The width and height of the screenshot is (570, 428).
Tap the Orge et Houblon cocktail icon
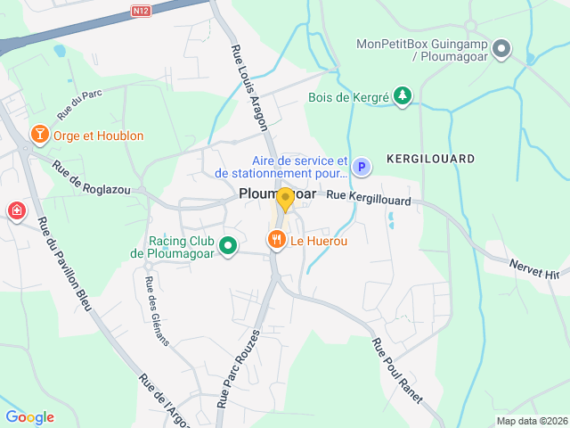pos(39,135)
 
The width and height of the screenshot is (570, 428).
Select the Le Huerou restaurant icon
pos(277,239)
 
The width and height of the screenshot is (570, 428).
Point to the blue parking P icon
pos(361,166)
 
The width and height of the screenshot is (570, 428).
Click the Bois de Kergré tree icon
pos(403,95)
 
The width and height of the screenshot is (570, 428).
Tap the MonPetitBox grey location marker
pos(501,49)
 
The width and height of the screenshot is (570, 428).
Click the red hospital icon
pos(16,211)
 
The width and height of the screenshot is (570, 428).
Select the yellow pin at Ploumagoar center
pos(285,198)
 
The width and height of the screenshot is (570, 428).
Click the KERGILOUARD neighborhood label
pos(431,159)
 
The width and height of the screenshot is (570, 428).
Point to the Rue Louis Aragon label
pos(251,88)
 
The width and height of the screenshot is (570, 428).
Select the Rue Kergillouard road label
pos(368,198)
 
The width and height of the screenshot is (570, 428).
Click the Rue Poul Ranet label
pos(396,370)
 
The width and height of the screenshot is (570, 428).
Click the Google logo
pos(29,417)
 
